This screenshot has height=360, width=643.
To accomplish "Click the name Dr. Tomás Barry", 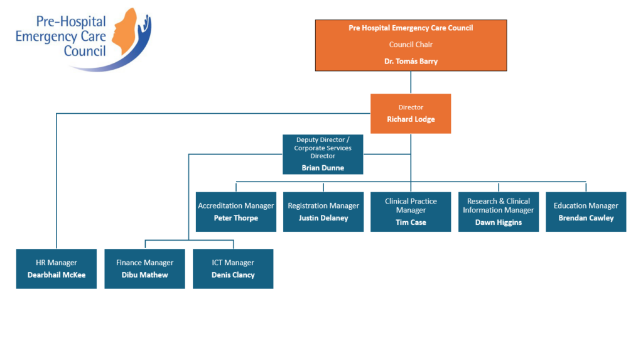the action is pos(411,61).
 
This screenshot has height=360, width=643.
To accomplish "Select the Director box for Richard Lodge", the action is pos(411,114).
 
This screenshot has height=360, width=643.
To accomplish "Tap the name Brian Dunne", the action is pos(323,168).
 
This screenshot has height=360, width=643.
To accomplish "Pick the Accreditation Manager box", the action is pos(236,212).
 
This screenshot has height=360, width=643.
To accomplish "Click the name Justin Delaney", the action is pos(323,218).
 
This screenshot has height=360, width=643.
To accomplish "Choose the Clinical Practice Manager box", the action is pos(411,212).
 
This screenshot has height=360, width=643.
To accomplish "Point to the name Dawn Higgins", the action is pos(498,222).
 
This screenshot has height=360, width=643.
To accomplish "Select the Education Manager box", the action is pos(586,212).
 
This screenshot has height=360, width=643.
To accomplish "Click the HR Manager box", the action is pos(57,269).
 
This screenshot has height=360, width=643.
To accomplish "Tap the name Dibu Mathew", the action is pos(145,275).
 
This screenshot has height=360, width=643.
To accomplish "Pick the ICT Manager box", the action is pos(233,269).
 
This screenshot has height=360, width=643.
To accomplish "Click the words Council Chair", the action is pos(411,45).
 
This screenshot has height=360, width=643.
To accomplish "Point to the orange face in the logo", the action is pos(124,31).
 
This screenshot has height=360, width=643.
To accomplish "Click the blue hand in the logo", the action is pos(145,26).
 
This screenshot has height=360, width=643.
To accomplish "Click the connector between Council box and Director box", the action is pos(411,82).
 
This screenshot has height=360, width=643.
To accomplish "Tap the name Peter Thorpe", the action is pos(236,218).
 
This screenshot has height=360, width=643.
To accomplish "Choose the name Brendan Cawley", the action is pos(586,218).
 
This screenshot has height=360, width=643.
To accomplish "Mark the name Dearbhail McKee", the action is pos(57,275).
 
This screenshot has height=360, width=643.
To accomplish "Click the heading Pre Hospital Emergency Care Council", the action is pos(411,28).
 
